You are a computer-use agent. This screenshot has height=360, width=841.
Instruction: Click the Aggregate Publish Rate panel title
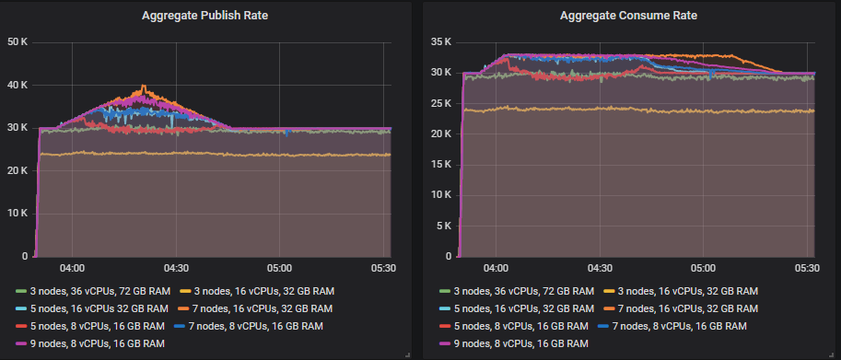click(x=206, y=16)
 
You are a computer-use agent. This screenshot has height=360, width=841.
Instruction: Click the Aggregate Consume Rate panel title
click(x=628, y=16)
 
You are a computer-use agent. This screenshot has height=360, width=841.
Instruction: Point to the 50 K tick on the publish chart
click(x=18, y=42)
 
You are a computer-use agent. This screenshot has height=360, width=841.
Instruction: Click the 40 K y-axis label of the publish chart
click(x=18, y=86)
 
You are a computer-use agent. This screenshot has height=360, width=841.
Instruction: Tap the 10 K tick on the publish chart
click(x=18, y=214)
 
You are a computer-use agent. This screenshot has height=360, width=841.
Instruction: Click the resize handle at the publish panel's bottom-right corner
click(x=406, y=354)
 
